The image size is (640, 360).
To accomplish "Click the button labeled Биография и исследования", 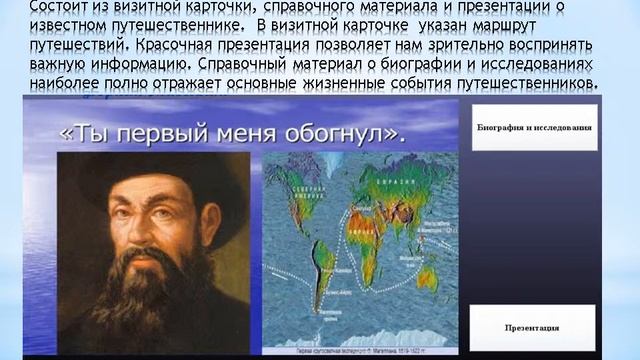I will (x=534, y=128).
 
